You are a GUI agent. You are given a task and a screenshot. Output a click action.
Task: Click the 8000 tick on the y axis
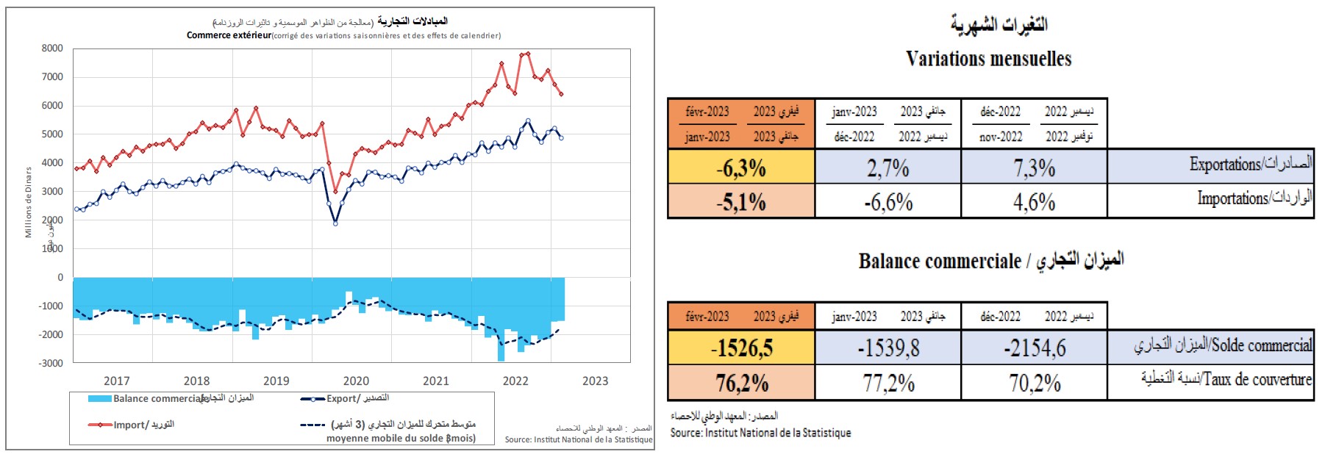coord(52,48)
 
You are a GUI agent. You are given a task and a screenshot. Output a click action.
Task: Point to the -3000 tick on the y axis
coord(51,363)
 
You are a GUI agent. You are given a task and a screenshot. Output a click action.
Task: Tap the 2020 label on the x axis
coord(356,381)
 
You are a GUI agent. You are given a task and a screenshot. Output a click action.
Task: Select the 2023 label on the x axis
coord(595,381)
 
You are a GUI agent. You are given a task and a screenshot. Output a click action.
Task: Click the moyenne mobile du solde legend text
coord(401,438)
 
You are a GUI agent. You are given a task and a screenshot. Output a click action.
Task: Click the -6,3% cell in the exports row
coord(741,168)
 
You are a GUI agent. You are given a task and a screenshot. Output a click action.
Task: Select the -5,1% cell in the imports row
coord(741,202)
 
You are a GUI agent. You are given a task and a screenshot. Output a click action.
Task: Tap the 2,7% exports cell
coord(888,168)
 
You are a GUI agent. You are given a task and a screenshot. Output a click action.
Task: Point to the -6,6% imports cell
coord(888,202)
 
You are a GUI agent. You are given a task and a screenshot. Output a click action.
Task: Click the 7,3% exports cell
coord(1034,168)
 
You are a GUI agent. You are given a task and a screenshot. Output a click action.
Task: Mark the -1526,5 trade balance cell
coord(741,348)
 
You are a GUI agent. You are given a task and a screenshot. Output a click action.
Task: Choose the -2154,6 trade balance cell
coord(1034,348)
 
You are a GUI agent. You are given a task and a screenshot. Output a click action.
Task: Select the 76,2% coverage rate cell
coord(741,383)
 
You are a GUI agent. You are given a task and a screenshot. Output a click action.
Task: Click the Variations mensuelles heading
coord(988,59)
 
